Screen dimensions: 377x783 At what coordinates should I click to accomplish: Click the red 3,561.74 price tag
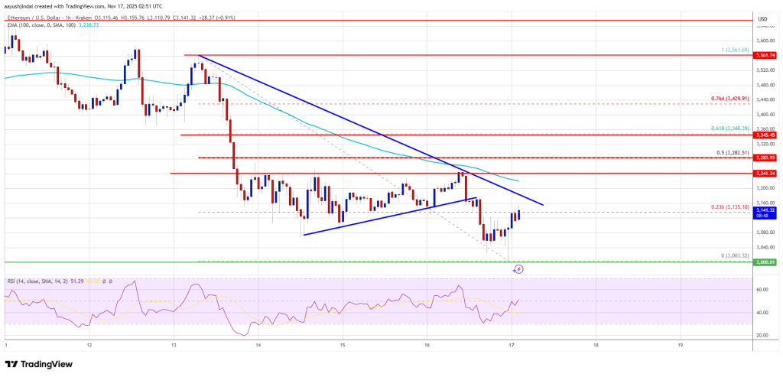pos(765,55)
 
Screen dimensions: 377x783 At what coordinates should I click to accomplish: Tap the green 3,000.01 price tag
pos(765,262)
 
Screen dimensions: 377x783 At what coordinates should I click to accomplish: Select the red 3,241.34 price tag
pos(765,173)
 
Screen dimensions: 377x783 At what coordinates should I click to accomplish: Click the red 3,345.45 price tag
pos(765,135)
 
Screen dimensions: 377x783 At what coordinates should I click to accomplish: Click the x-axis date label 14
pos(258,345)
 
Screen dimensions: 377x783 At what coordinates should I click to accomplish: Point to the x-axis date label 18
pos(595,345)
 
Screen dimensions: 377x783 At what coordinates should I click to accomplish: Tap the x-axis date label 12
pos(89,345)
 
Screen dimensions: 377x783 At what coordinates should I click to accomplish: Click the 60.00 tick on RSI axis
pos(762,290)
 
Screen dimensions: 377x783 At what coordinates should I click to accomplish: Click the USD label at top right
pos(762,18)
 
